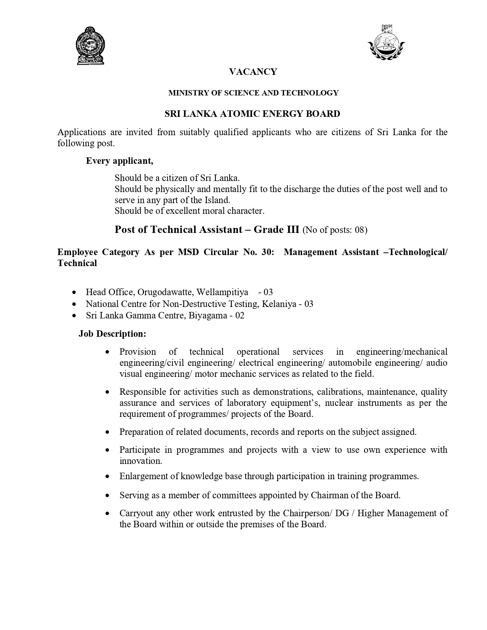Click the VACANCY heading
click(253, 72)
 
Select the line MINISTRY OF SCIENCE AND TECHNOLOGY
click(253, 93)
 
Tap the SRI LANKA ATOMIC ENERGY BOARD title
click(252, 113)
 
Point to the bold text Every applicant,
click(120, 161)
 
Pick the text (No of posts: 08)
click(335, 230)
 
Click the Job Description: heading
click(113, 334)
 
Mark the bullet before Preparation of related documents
click(108, 432)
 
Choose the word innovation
click(140, 461)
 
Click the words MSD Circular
click(203, 252)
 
